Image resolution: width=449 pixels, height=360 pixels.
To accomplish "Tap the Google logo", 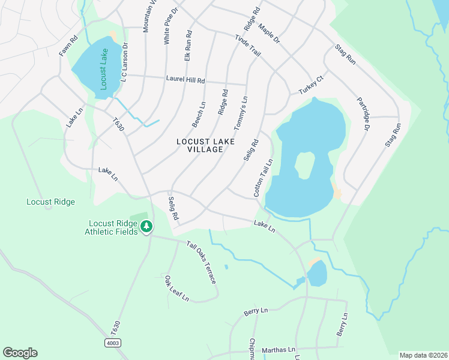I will (x=20, y=353).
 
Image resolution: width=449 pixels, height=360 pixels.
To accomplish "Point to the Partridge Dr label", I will (x=363, y=114).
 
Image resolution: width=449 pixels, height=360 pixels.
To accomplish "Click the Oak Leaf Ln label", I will (x=176, y=289).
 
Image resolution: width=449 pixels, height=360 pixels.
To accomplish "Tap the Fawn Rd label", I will (x=68, y=47).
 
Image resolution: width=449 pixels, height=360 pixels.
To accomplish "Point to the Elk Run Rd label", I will (x=188, y=46).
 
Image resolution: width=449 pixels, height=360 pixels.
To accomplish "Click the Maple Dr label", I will (x=269, y=33).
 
